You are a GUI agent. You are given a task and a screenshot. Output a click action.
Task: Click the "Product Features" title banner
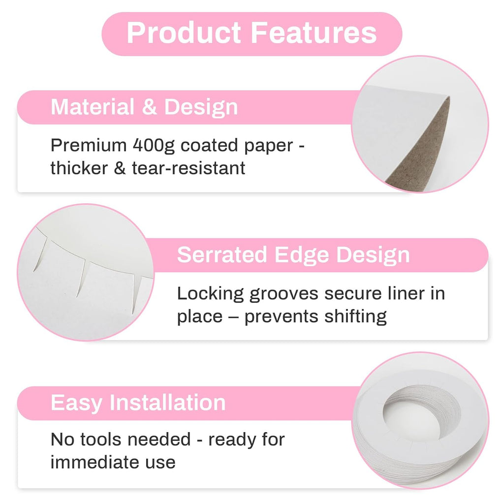point(252,33)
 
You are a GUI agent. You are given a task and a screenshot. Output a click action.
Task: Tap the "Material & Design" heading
point(144,107)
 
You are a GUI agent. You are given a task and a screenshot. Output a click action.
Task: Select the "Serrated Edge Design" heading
point(293,255)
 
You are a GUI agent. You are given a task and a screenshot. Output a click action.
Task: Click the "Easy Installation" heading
point(138,403)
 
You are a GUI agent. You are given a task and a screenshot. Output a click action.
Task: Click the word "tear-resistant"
point(189,168)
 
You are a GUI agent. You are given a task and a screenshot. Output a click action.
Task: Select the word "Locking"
point(210,294)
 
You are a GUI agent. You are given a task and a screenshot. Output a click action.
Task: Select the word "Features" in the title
point(314,33)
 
